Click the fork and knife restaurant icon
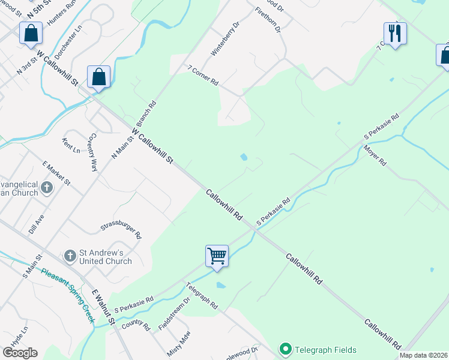pyautogui.click(x=395, y=33)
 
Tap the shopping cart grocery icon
pyautogui.click(x=217, y=256)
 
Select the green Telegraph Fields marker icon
pyautogui.click(x=285, y=349)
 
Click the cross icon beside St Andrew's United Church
pyautogui.click(x=70, y=256)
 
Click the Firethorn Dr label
pyautogui.click(x=268, y=20)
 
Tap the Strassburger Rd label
pyautogui.click(x=121, y=229)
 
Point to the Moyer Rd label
pyautogui.click(x=375, y=155)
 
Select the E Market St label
pyautogui.click(x=56, y=173)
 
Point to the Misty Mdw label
pyautogui.click(x=179, y=343)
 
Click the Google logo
pyautogui.click(x=20, y=353)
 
